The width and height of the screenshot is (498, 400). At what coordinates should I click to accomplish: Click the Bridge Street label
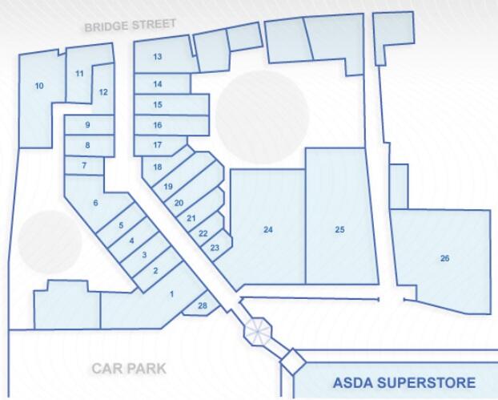pyautogui.click(x=130, y=25)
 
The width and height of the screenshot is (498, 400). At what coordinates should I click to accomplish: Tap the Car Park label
pyautogui.click(x=128, y=369)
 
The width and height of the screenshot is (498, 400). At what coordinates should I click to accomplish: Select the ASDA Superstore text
pyautogui.click(x=404, y=382)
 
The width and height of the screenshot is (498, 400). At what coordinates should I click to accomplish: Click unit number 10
pyautogui.click(x=39, y=86)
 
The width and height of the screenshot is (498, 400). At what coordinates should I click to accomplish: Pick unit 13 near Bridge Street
pyautogui.click(x=158, y=56)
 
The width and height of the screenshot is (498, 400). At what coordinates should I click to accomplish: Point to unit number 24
pyautogui.click(x=268, y=230)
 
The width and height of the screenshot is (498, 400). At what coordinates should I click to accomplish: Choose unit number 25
pyautogui.click(x=339, y=230)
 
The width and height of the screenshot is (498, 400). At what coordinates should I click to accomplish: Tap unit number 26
pyautogui.click(x=445, y=258)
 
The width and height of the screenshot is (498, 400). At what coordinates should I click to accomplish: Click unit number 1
pyautogui.click(x=171, y=294)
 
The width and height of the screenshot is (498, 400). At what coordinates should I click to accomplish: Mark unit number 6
pyautogui.click(x=95, y=203)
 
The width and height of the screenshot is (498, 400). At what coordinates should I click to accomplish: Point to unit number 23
pyautogui.click(x=215, y=248)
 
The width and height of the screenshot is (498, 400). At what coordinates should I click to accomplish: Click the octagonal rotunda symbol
pyautogui.click(x=259, y=329)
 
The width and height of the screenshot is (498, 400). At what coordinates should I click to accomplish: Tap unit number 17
pyautogui.click(x=158, y=145)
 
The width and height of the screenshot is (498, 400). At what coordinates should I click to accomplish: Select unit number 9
pyautogui.click(x=87, y=125)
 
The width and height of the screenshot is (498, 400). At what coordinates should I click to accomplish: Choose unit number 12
pyautogui.click(x=103, y=92)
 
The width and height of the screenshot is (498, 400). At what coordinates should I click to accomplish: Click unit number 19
pyautogui.click(x=168, y=187)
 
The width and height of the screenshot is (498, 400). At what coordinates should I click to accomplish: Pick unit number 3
pyautogui.click(x=143, y=255)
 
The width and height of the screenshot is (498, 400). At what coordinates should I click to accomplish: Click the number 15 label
pyautogui.click(x=158, y=105)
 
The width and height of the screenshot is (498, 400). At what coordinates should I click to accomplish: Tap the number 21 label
pyautogui.click(x=191, y=218)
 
